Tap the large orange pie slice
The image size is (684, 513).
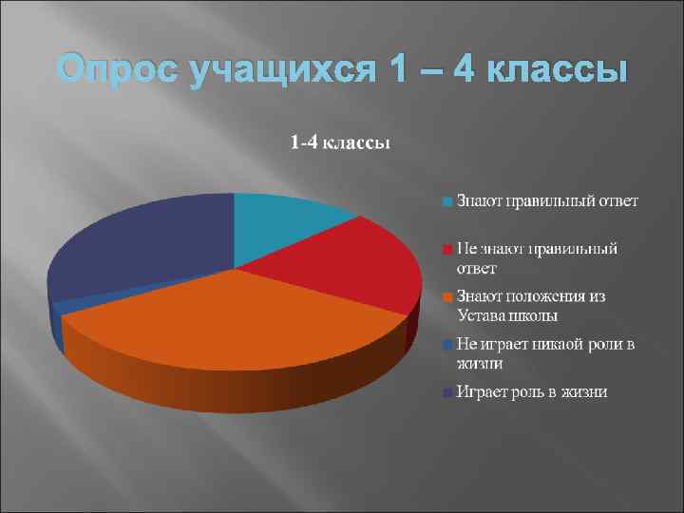pos(237,323)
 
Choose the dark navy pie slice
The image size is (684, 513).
pos(142,247)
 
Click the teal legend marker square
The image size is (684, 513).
pos(446,201)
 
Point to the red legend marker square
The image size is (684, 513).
pos(446,249)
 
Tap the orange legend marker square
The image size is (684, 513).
pos(446,296)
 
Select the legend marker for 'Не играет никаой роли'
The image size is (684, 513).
pos(446,344)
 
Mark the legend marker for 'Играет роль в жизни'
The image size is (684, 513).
pos(446,391)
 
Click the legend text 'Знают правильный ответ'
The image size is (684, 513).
pos(547,200)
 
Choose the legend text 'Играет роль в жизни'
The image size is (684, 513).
pos(532,391)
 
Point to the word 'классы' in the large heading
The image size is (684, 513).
pos(548,70)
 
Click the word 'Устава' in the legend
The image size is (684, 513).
pos(483,315)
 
